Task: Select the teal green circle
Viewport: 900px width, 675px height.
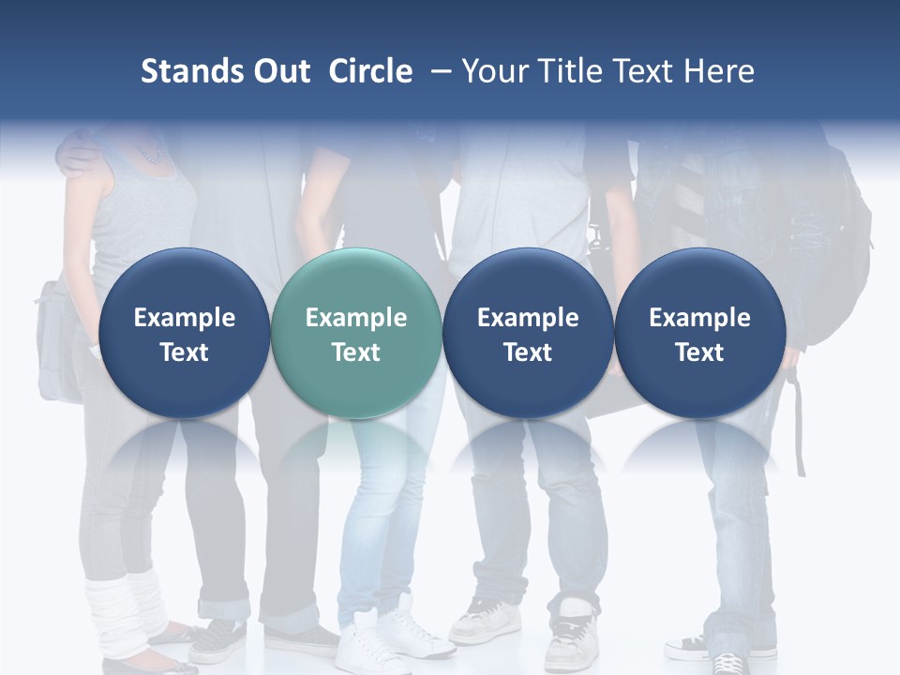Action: point(355,334)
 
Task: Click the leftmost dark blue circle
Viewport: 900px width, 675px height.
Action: point(184,334)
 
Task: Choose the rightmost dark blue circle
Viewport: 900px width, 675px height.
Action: point(699,334)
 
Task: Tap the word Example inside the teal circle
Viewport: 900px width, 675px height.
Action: point(355,318)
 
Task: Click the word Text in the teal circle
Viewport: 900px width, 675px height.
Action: point(355,352)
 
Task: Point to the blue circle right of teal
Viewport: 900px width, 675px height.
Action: point(528,334)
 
